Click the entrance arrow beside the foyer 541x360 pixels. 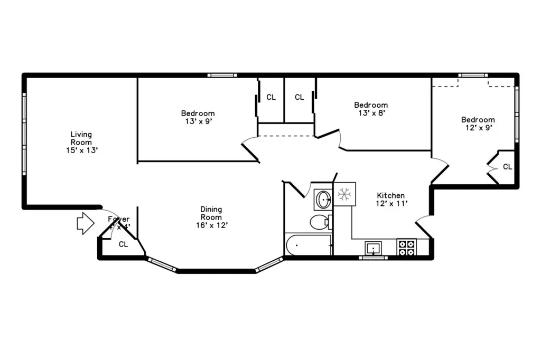point(85,223)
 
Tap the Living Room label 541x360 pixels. point(81,138)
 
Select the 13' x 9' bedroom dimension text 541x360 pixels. point(198,121)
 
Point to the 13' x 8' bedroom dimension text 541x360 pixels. point(370,112)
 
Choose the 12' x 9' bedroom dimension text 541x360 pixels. point(478,127)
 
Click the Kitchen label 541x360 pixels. point(391,195)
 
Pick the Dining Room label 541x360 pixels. point(211,213)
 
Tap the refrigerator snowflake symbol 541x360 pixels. point(344,194)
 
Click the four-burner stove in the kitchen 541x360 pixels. point(406,248)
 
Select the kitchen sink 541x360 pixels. point(374,247)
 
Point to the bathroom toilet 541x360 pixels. point(320,222)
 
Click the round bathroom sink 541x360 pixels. point(323,200)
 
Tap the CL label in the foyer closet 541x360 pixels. point(123,244)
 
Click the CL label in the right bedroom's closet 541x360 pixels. point(507,167)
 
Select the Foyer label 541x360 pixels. point(118,220)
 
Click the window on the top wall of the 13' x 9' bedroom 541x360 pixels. point(222,75)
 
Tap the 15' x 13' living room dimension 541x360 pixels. point(81,150)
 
